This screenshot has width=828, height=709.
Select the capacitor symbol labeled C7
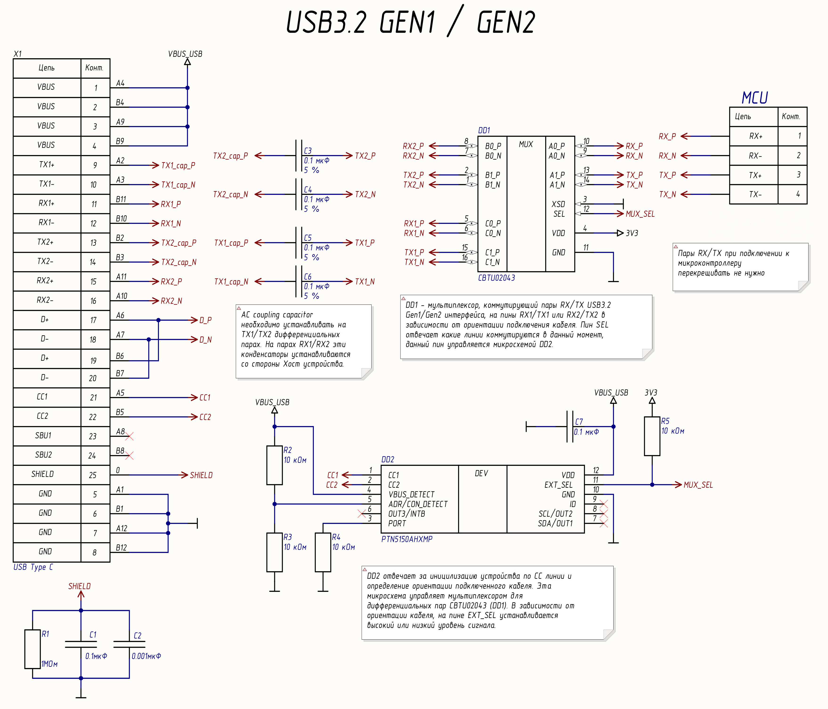coord(570,427)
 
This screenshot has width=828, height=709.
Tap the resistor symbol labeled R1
coord(32,649)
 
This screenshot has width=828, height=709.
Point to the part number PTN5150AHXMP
coord(407,539)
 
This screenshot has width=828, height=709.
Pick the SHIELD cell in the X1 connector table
coord(42,474)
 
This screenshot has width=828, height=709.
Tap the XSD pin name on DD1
coord(558,204)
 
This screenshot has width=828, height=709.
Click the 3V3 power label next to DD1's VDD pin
coord(632,233)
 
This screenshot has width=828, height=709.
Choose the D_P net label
coord(205,320)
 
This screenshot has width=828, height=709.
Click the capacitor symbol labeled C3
coord(299,156)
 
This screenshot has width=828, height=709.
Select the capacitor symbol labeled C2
coord(129,644)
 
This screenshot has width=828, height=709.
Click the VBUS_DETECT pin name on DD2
coord(411,495)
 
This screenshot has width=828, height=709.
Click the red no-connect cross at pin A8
coord(129,436)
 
